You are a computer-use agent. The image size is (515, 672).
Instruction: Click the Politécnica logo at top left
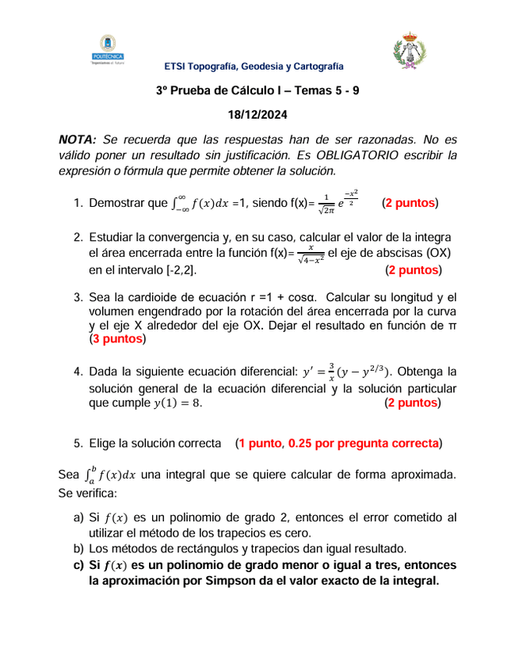[108, 50]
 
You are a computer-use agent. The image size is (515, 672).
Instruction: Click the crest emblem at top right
[410, 50]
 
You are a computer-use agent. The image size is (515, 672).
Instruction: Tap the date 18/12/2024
[257, 114]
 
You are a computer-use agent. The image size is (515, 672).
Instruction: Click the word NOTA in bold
[77, 139]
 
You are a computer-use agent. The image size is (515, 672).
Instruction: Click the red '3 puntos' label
[118, 339]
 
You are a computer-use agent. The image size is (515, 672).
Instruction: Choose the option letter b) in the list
[78, 548]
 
